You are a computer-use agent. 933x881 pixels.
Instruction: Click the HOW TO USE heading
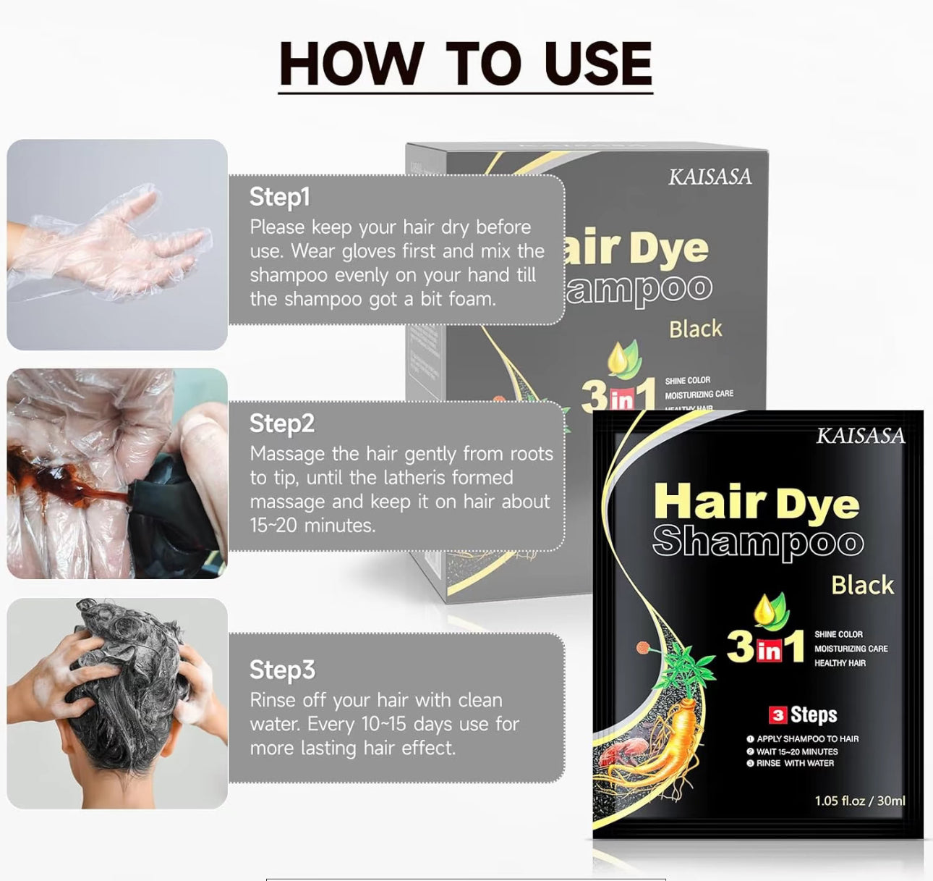click(x=465, y=64)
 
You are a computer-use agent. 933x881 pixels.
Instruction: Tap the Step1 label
click(x=280, y=197)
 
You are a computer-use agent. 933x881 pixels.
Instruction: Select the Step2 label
click(x=282, y=423)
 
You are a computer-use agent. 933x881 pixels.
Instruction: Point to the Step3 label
click(x=282, y=670)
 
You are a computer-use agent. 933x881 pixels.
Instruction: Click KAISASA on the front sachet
click(x=860, y=436)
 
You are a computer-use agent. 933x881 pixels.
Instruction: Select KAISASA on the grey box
click(x=710, y=177)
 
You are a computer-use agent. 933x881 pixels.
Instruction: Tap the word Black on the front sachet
click(x=862, y=585)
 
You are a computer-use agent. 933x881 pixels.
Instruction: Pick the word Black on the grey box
click(x=695, y=329)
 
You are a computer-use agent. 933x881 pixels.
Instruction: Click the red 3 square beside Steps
click(x=777, y=715)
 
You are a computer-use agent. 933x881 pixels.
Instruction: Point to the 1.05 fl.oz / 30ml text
click(x=859, y=801)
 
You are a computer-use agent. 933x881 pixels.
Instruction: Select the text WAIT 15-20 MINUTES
click(x=796, y=751)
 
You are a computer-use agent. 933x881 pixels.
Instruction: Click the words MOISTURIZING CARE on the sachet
click(x=851, y=649)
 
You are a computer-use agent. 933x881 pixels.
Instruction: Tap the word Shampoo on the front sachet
click(x=757, y=543)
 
